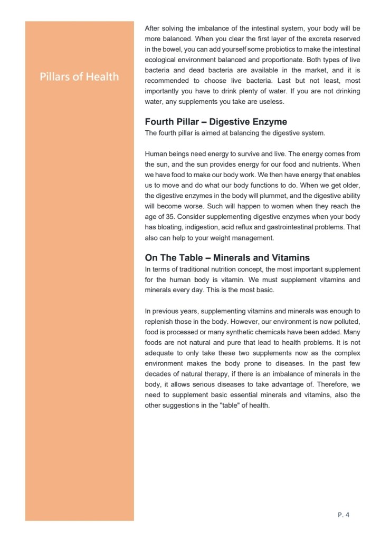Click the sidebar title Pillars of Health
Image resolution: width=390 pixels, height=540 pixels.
pos(79,77)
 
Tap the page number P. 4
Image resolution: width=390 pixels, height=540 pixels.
pos(343,514)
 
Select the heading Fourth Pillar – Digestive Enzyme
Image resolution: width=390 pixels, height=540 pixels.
pos(216,122)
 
